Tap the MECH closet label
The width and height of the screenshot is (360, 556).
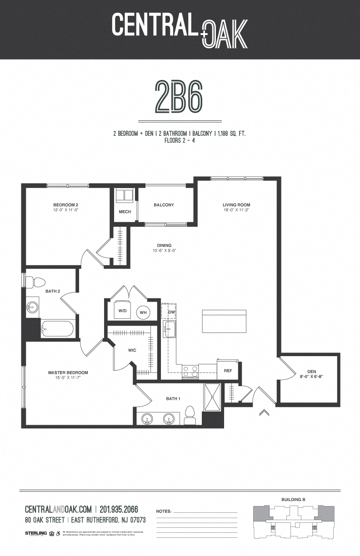pyautogui.click(x=125, y=212)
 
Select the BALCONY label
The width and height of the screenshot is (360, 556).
pyautogui.click(x=164, y=205)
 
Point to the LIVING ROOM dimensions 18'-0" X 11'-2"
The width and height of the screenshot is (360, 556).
pyautogui.click(x=236, y=210)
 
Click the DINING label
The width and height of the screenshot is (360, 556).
pyautogui.click(x=164, y=245)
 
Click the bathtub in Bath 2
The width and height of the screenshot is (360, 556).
pyautogui.click(x=57, y=329)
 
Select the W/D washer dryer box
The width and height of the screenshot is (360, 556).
pyautogui.click(x=122, y=311)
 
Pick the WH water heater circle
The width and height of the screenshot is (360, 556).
pyautogui.click(x=143, y=312)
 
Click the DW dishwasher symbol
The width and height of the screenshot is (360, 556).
pyautogui.click(x=171, y=312)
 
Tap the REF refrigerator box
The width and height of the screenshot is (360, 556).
pyautogui.click(x=228, y=371)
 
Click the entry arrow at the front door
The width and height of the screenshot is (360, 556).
pyautogui.click(x=263, y=412)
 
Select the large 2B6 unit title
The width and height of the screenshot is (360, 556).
pyautogui.click(x=179, y=97)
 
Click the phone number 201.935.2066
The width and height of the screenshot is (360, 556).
pyautogui.click(x=119, y=509)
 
